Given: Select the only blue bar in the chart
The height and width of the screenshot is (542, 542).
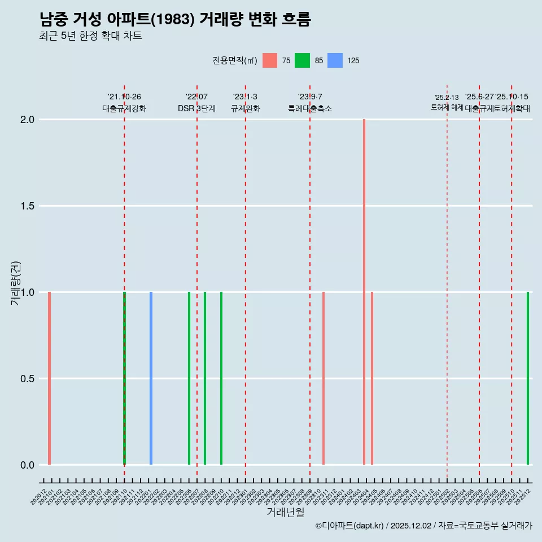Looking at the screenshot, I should coord(151,378).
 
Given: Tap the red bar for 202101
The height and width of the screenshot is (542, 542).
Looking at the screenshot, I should coord(50,378).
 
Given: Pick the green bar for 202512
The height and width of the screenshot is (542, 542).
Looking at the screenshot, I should coord(528,378).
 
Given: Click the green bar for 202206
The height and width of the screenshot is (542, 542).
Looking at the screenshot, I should coord(189,378).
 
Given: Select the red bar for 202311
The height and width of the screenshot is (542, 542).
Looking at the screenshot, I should coord(324,378).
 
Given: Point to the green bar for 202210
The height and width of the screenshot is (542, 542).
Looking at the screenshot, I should coord(221,378).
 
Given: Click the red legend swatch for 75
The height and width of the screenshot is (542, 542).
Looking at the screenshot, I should coord(270,60).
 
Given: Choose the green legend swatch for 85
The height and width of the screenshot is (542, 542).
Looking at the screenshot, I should coord(302,60).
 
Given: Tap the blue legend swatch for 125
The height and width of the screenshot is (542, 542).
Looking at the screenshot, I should coord(335,60).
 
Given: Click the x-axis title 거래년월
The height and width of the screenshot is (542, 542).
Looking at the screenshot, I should coord(285,513).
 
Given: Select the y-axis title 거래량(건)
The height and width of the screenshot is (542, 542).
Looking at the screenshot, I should coord(16,283).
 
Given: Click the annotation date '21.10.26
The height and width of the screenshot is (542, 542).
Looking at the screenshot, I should coord(124,97).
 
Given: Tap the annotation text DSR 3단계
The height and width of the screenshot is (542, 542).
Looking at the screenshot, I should coord(196,109).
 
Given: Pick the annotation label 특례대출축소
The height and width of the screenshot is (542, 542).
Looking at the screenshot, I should coord(310,109).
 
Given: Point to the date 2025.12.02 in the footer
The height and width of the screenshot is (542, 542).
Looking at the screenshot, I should coord(410,526).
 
